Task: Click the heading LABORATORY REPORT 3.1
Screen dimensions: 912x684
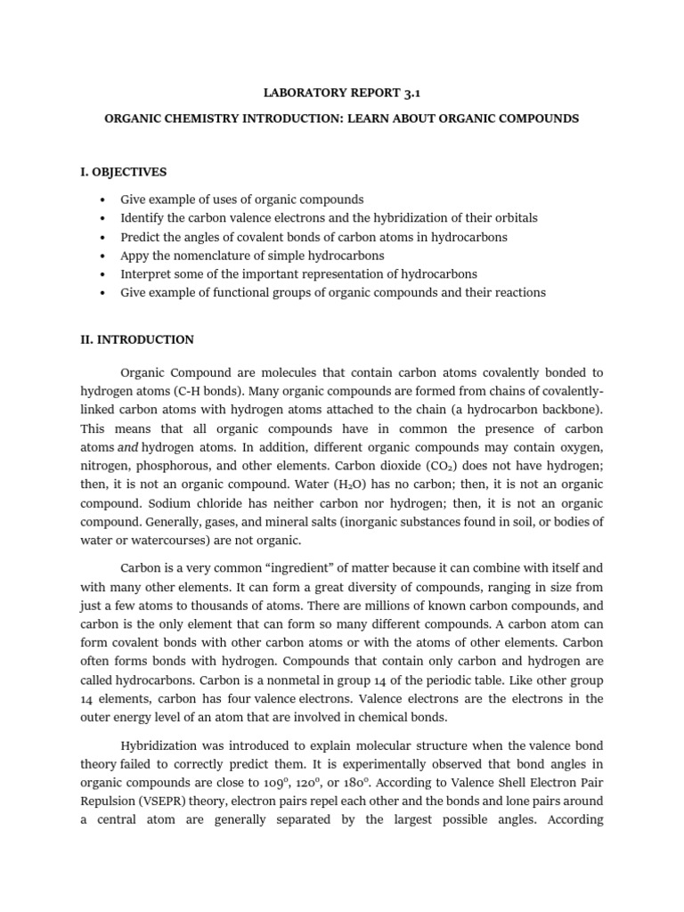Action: pyautogui.click(x=341, y=92)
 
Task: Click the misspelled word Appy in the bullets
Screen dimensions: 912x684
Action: pyautogui.click(x=134, y=256)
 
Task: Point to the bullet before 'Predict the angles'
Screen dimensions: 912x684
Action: pyautogui.click(x=104, y=237)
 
